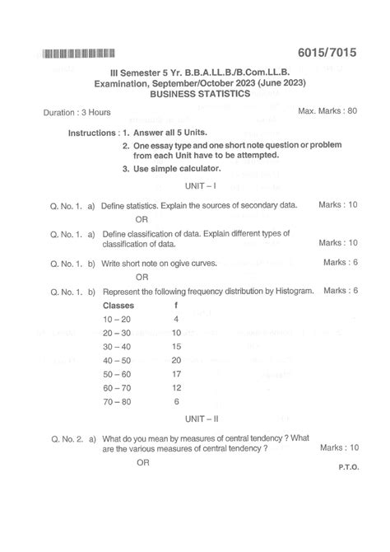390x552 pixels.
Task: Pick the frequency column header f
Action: [x=176, y=305]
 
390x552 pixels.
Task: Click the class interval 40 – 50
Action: [x=118, y=360]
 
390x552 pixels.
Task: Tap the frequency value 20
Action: [x=176, y=360]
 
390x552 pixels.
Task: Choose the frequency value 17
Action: [x=176, y=374]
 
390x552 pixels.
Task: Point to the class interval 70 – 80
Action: [x=118, y=401]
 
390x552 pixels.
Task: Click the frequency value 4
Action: [x=176, y=318]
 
